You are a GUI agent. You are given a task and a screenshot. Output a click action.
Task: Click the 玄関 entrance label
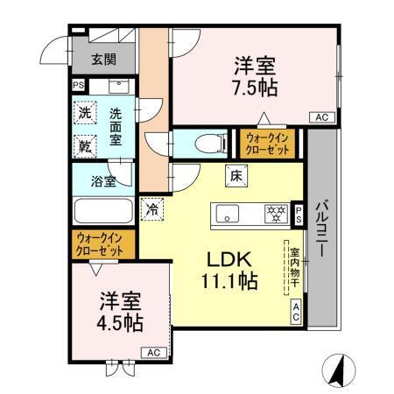(102, 61)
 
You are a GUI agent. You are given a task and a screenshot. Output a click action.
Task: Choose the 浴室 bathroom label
(104, 182)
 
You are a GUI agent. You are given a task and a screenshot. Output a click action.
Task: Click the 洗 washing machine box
(84, 113)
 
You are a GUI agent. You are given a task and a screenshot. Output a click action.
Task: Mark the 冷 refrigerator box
(151, 209)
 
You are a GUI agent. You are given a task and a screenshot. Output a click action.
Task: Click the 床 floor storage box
(236, 174)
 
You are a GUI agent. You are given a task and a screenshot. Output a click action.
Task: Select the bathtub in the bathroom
(102, 212)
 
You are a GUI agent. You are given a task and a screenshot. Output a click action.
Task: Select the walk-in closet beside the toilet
(269, 143)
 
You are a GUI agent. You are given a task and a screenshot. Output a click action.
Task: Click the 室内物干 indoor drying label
(294, 269)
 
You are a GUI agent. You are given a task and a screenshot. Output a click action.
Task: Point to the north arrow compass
(340, 369)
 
